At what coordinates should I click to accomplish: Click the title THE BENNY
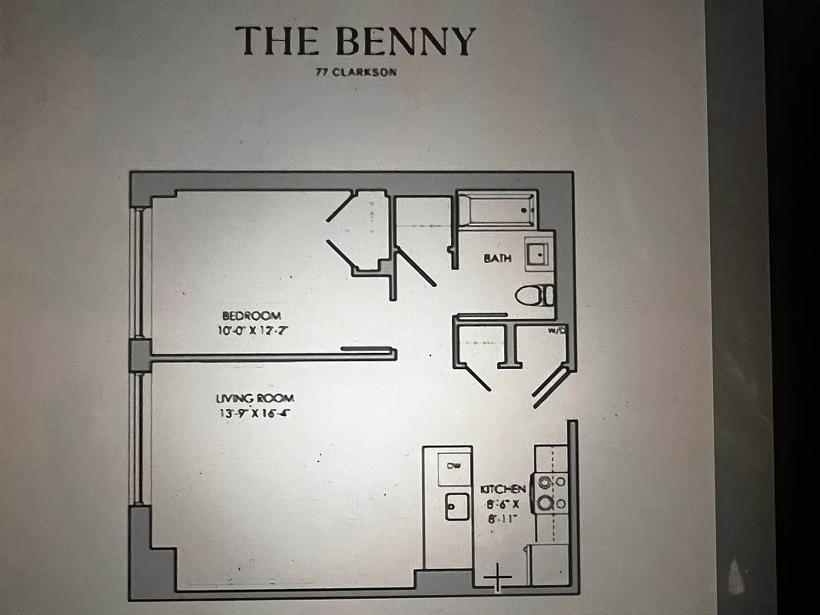(x=355, y=41)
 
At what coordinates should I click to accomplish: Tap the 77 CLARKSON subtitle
(x=355, y=73)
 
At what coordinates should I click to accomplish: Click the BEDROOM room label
(x=251, y=315)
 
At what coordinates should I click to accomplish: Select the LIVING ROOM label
(x=254, y=398)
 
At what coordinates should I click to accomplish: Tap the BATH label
(x=497, y=258)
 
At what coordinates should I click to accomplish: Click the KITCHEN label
(x=503, y=490)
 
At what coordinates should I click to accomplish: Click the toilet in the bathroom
(x=533, y=294)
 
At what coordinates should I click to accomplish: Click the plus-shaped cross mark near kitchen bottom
(x=498, y=576)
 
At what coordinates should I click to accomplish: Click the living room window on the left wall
(x=138, y=438)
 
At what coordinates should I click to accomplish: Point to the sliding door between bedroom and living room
(x=367, y=350)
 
